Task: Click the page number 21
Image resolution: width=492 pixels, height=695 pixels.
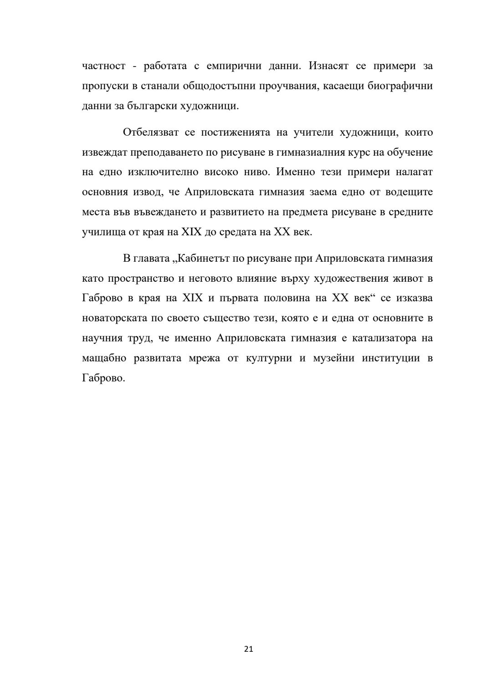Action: point(249,649)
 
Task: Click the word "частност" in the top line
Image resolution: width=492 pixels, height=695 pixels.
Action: point(103,66)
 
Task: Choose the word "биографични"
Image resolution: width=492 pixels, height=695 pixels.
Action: point(400,86)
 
